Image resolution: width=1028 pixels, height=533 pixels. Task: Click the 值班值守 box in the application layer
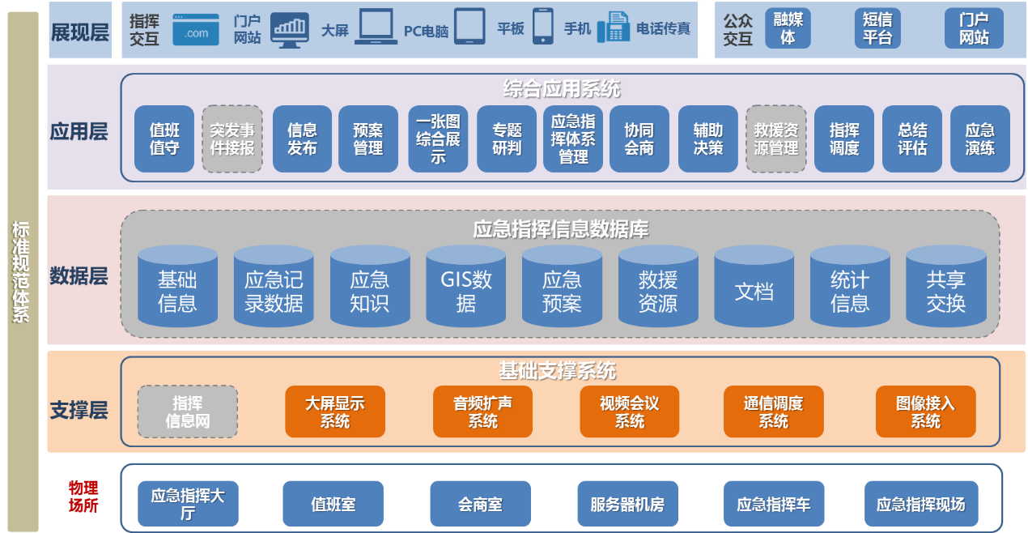pyautogui.click(x=164, y=139)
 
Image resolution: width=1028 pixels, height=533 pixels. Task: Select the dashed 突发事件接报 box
pyautogui.click(x=232, y=139)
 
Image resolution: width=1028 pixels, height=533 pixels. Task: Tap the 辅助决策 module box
pyautogui.click(x=707, y=139)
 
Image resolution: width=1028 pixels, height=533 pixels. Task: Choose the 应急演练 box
pyautogui.click(x=979, y=139)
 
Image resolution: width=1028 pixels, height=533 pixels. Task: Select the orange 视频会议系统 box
pyautogui.click(x=629, y=411)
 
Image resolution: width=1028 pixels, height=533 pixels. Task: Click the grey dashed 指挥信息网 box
pyautogui.click(x=187, y=411)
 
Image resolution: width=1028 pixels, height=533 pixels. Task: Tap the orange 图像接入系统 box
pyautogui.click(x=925, y=411)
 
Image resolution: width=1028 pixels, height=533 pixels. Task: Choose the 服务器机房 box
pyautogui.click(x=627, y=504)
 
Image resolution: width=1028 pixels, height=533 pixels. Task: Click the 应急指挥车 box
pyautogui.click(x=773, y=504)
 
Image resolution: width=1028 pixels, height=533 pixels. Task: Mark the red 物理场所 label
pyautogui.click(x=83, y=497)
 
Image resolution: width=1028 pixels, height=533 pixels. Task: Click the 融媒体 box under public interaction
pyautogui.click(x=788, y=29)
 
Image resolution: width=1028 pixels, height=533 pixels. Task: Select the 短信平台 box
pyautogui.click(x=877, y=29)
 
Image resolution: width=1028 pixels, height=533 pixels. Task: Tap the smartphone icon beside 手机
pyautogui.click(x=542, y=27)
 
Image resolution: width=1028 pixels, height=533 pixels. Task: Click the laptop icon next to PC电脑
pyautogui.click(x=375, y=27)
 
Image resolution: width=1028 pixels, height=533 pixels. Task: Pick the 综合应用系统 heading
pyautogui.click(x=561, y=88)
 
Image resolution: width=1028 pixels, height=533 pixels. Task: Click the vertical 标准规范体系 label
pyautogui.click(x=21, y=271)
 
